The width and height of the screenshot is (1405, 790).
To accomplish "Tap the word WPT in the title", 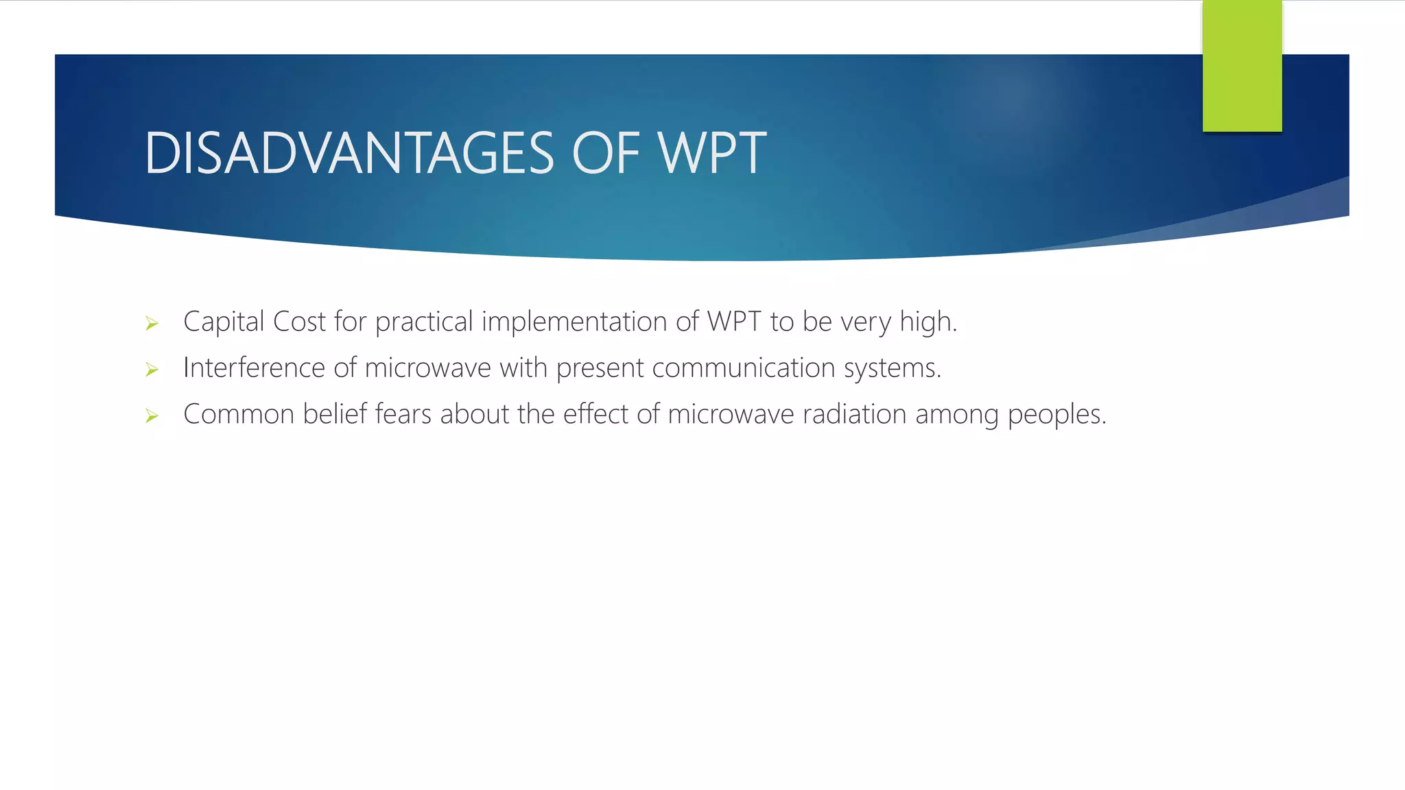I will tap(711, 153).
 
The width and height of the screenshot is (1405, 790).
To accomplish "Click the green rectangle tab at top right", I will tap(1242, 66).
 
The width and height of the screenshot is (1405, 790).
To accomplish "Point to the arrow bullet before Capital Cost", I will tap(152, 323).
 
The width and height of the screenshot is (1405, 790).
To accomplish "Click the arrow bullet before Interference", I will tap(152, 370).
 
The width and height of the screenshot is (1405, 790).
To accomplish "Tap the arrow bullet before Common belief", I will tap(152, 416).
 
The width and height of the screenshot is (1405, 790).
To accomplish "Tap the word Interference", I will tap(254, 368).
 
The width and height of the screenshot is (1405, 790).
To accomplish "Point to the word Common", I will tap(239, 414).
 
